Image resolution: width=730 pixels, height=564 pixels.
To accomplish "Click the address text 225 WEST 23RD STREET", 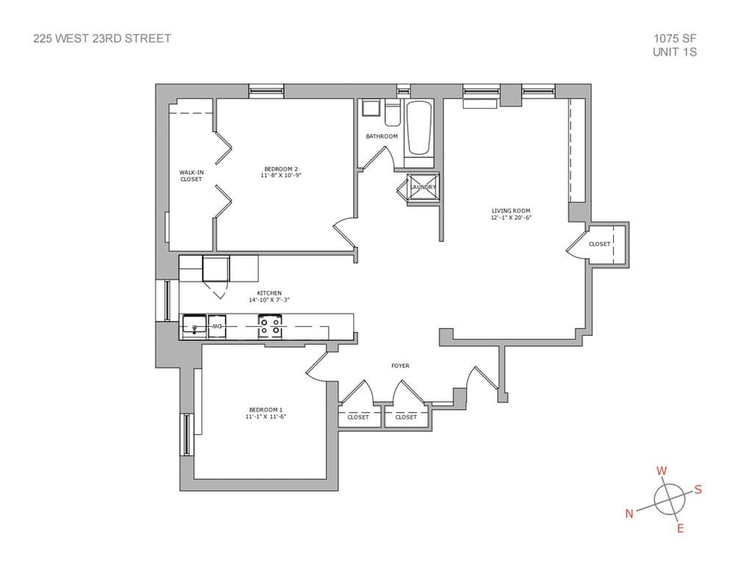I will tap(102, 38).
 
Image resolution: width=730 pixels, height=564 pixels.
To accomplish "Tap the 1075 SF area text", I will tap(674, 38).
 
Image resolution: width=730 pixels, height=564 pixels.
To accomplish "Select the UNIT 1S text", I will tap(674, 52).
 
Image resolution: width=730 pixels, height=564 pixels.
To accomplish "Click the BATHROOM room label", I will tap(382, 137).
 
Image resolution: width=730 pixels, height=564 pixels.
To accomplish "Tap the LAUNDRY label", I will tap(422, 187).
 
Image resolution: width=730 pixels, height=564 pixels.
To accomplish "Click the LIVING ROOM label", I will tap(510, 211).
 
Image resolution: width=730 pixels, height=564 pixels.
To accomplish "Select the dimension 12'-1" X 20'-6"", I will tap(510, 218).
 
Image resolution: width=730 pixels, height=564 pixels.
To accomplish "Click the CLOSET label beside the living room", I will tap(599, 244).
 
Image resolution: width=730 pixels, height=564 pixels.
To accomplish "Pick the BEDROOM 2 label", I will tap(281, 168).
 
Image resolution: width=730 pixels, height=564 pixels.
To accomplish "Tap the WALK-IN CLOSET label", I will tap(191, 176).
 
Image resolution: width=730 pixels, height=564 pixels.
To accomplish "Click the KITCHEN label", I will tap(269, 293).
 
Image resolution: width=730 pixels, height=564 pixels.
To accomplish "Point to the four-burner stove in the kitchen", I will tap(270, 325).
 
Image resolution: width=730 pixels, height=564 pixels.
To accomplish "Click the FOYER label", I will tap(400, 366).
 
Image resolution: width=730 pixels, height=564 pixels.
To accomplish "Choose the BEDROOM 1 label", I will tap(265, 410).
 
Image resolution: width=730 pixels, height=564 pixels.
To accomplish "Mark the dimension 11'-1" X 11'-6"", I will tap(265, 417).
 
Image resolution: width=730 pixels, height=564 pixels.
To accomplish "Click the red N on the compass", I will tap(629, 514).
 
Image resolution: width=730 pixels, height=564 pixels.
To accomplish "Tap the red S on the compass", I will tap(698, 490).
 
